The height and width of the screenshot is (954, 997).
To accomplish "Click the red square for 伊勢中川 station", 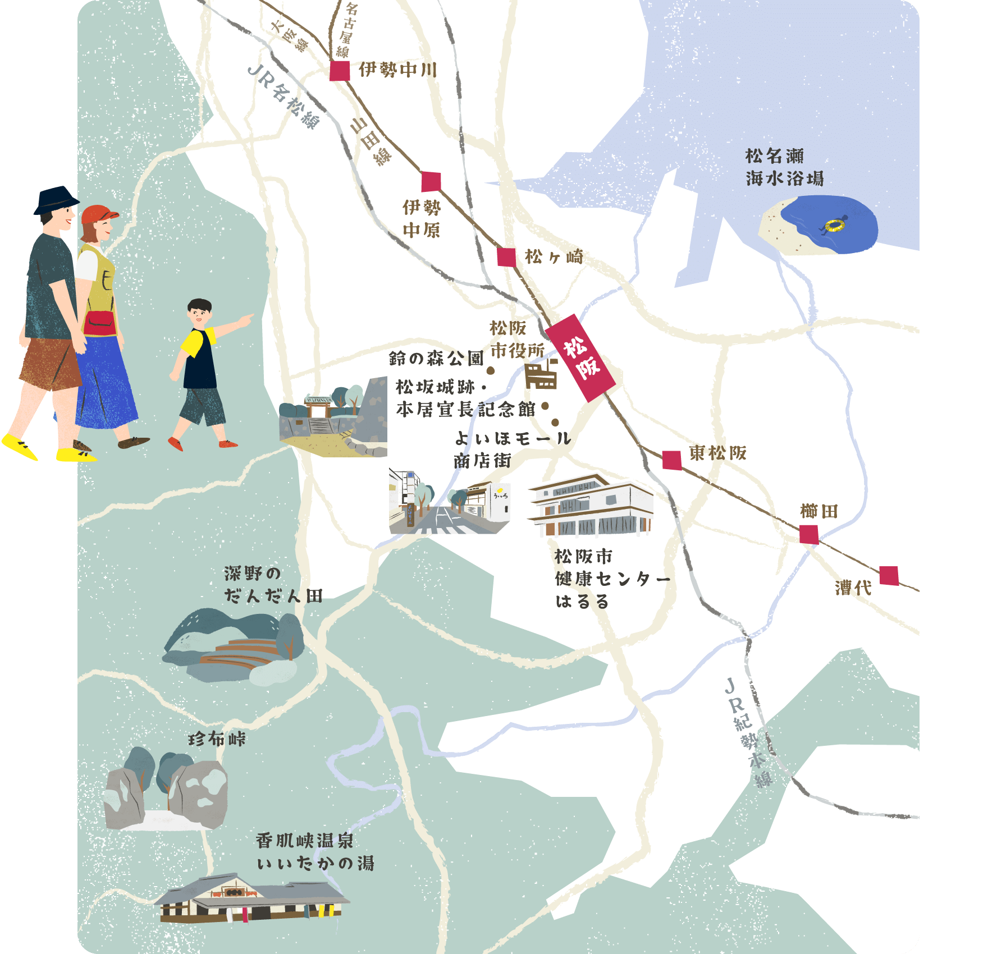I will pos(340,71).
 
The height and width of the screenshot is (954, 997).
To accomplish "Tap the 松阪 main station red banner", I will pos(580,357).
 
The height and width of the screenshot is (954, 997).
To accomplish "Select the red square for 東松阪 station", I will pos(672,460).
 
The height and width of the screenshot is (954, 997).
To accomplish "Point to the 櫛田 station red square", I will pos(809,534).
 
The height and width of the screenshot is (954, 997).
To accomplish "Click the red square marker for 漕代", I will pos(889,576).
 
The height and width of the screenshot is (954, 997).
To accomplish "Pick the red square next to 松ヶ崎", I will pos(506,257).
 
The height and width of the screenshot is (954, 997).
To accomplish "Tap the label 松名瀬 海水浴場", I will pos(784,167).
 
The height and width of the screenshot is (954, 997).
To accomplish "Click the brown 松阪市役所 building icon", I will pos(541,375).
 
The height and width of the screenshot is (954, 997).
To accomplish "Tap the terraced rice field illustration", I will pos(235,646).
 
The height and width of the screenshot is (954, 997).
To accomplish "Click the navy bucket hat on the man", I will pos(56,200).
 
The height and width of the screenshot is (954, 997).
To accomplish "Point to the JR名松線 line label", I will pos(283,97).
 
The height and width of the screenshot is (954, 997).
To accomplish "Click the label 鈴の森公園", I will pos(436,358).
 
